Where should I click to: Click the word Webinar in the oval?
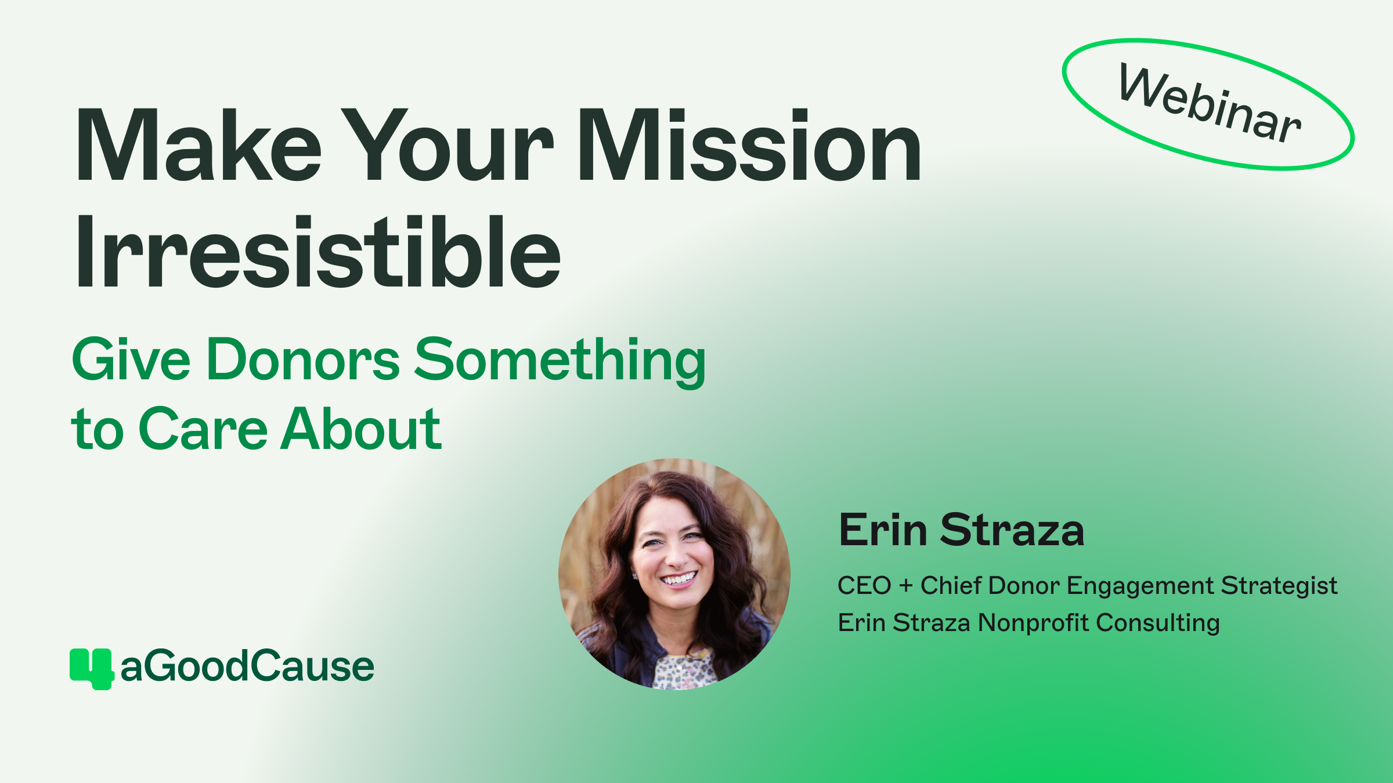click(x=1210, y=104)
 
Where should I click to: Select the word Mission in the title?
click(x=749, y=145)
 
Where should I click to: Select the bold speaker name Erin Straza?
click(x=961, y=530)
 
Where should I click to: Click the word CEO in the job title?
click(x=864, y=586)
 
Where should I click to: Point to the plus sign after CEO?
click(x=905, y=586)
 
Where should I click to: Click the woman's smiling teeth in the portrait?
click(x=679, y=578)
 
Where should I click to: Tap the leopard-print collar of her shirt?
click(x=685, y=670)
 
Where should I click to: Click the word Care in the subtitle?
click(x=203, y=429)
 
